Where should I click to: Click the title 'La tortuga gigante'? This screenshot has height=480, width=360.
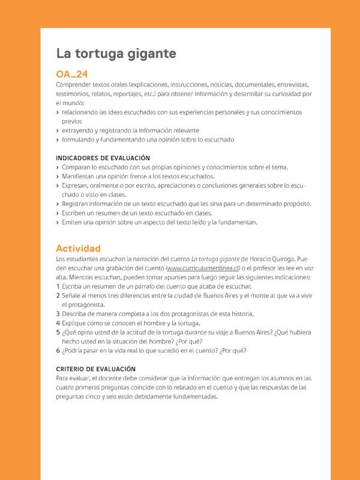click(116, 54)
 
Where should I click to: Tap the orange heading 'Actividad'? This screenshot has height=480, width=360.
click(78, 248)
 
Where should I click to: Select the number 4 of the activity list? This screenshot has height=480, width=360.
click(58, 323)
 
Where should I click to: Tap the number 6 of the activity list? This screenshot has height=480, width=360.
click(58, 350)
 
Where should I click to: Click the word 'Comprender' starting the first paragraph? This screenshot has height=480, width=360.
click(75, 85)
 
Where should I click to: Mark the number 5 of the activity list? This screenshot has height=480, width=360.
click(58, 332)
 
